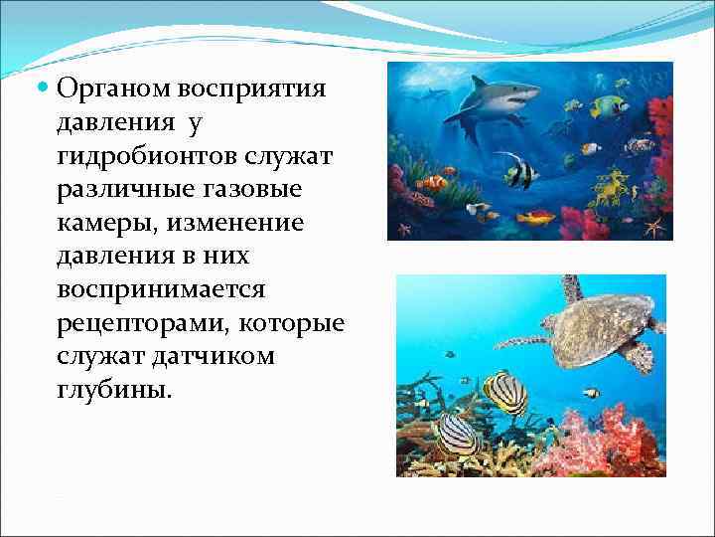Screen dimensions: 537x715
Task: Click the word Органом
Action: point(113,89)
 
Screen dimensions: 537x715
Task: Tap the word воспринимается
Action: point(162,290)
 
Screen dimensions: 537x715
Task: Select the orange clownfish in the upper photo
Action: point(432,183)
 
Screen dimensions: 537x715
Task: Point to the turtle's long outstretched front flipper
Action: point(521,342)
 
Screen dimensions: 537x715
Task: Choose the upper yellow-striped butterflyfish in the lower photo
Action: point(504,392)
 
